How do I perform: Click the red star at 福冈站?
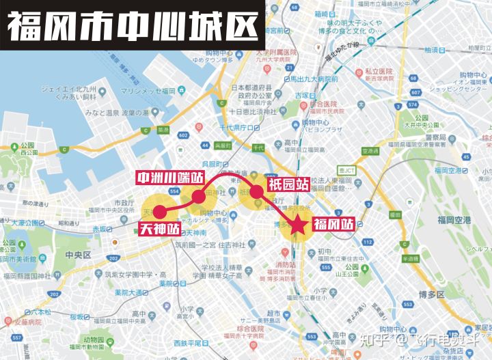tap(297, 225)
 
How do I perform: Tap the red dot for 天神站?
tap(159, 212)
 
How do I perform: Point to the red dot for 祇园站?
tap(256, 192)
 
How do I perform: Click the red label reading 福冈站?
tap(333, 225)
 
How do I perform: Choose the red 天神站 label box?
tap(160, 229)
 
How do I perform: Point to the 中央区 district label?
tap(78, 255)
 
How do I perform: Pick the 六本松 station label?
tap(28, 312)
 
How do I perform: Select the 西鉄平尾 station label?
tap(190, 342)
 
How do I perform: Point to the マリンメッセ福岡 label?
tap(148, 90)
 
